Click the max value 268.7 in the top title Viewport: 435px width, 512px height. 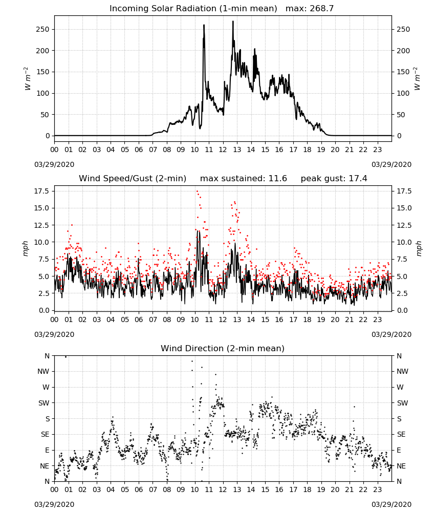tap(321, 8)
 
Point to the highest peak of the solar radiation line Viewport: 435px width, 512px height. tap(233, 21)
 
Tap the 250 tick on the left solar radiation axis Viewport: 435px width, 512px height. tap(43, 29)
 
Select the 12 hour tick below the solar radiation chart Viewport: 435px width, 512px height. tap(223, 150)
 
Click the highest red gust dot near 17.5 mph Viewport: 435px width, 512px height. tap(197, 191)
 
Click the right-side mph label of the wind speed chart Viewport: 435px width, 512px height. tap(419, 248)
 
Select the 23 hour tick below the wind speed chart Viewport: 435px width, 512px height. tap(378, 319)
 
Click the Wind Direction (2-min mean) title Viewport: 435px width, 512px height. tap(223, 348)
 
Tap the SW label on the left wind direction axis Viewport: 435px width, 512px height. tap(44, 403)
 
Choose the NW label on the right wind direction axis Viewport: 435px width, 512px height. tap(402, 371)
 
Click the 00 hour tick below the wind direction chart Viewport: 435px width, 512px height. tap(54, 489)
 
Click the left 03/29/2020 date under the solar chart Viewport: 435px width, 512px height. tap(54, 164)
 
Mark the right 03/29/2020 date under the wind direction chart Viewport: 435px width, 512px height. tap(391, 504)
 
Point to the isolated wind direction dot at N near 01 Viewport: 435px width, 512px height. tap(66, 357)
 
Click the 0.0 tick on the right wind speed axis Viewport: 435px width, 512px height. tap(402, 310)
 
